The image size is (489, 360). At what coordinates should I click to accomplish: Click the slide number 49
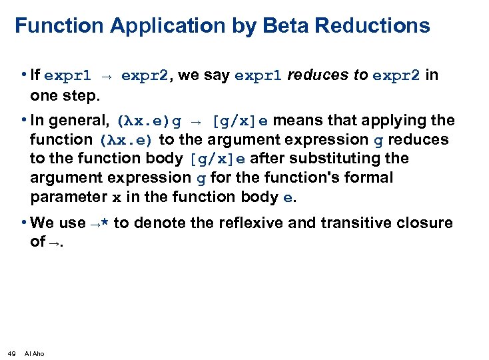click(x=11, y=353)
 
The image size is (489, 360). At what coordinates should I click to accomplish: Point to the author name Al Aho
click(x=34, y=353)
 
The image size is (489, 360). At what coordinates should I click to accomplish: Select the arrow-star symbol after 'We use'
click(x=100, y=223)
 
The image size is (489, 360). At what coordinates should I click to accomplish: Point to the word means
click(x=295, y=121)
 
